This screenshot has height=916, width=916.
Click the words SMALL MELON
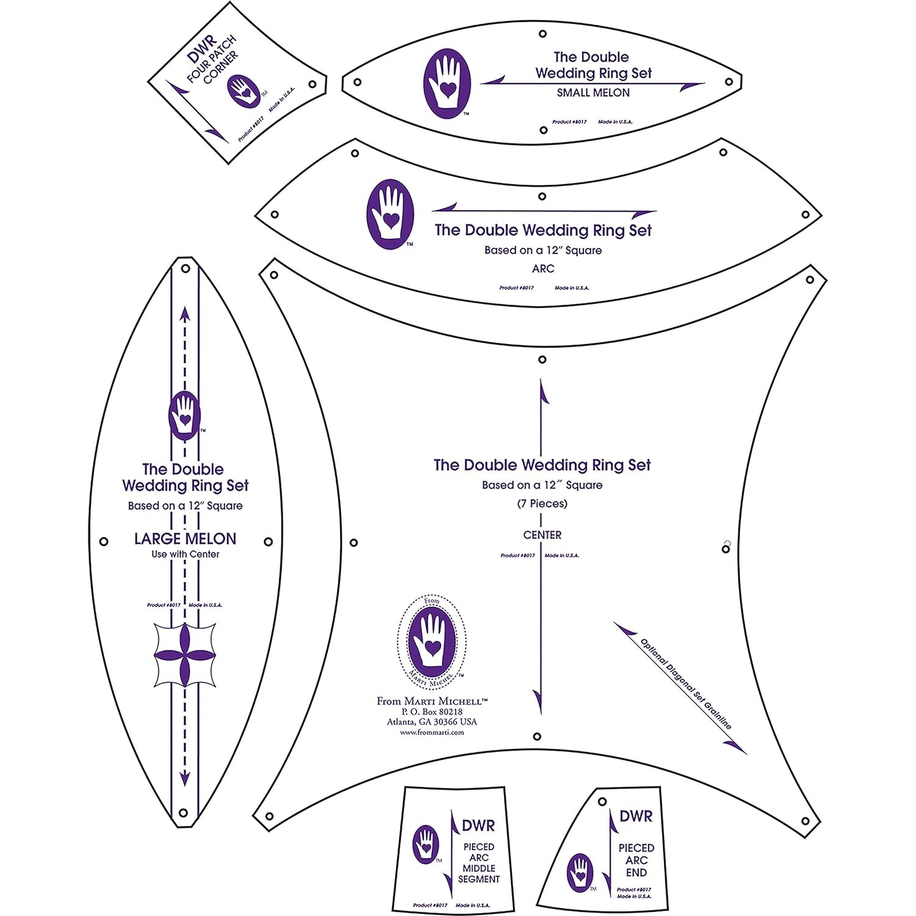point(593,93)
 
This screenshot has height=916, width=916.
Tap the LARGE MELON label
point(185,539)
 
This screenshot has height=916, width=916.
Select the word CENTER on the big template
point(542,535)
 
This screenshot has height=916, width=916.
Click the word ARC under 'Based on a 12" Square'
point(543,269)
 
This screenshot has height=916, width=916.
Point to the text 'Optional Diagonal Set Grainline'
point(685,684)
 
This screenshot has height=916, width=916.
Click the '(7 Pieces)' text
point(542,504)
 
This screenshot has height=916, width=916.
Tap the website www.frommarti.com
point(432,732)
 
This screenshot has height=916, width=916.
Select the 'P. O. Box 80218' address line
point(432,711)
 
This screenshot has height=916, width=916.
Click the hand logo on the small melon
point(447,83)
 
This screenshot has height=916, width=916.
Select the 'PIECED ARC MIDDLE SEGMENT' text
point(479,863)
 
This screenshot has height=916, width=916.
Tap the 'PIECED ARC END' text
point(636,860)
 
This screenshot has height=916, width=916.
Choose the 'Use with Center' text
point(185,554)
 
